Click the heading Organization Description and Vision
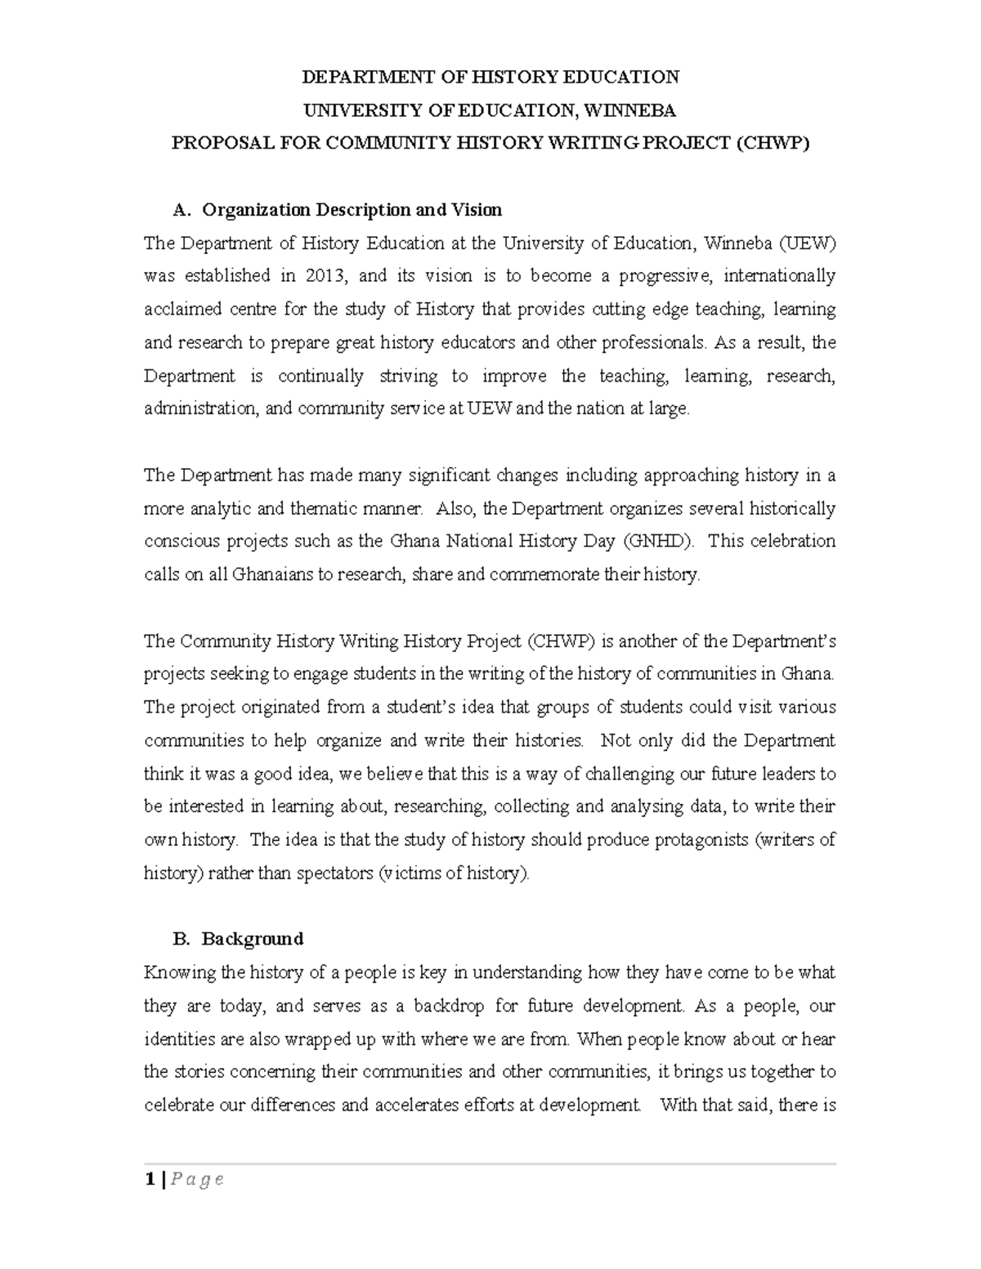click(x=352, y=210)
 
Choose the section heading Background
click(x=253, y=939)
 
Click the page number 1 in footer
click(x=149, y=1179)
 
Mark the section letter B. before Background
click(x=181, y=939)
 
